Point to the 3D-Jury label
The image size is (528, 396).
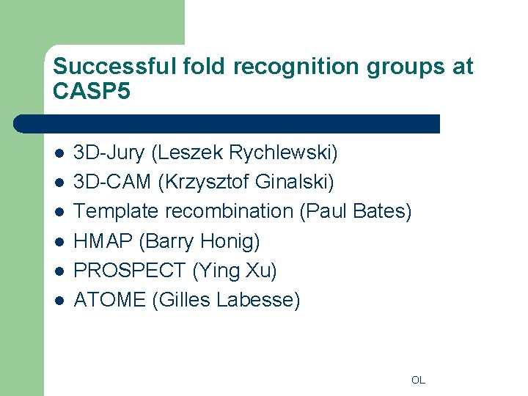click(x=110, y=153)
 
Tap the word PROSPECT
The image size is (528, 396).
click(x=130, y=271)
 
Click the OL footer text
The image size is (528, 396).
click(x=418, y=380)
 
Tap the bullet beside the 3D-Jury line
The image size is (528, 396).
click(x=59, y=154)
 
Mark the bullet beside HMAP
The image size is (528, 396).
click(x=59, y=242)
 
